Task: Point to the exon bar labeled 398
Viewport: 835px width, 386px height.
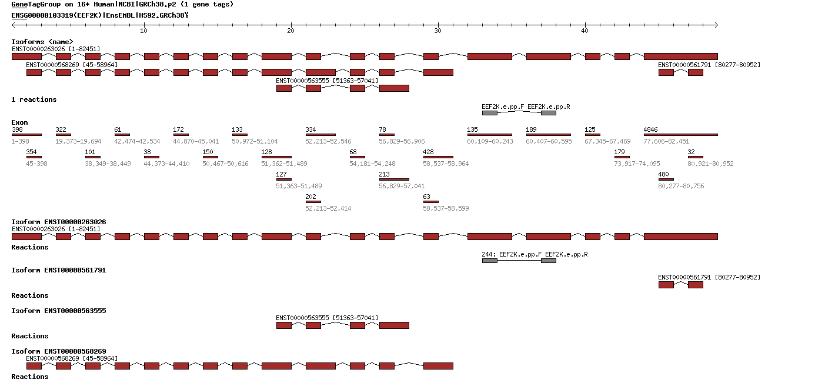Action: tap(26, 135)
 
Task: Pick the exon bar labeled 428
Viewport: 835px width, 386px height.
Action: tap(438, 157)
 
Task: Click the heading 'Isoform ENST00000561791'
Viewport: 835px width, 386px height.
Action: tap(59, 270)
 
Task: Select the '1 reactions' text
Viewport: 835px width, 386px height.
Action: tap(34, 99)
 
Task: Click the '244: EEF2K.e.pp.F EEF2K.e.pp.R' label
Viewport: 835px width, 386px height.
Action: tap(535, 254)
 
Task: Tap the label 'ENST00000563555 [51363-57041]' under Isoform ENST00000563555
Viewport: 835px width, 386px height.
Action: tap(327, 318)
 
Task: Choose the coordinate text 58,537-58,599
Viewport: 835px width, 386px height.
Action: tap(446, 208)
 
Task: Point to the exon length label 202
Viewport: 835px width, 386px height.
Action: tap(310, 197)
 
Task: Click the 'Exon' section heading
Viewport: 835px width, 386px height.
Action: tap(19, 122)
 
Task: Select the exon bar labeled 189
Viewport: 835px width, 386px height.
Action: tap(548, 135)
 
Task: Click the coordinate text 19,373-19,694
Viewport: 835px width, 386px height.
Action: tap(78, 141)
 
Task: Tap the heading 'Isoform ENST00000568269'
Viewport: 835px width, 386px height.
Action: tap(59, 351)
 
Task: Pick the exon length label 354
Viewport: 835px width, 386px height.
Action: tap(31, 152)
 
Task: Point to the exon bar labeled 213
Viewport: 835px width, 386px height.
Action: tap(394, 179)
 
